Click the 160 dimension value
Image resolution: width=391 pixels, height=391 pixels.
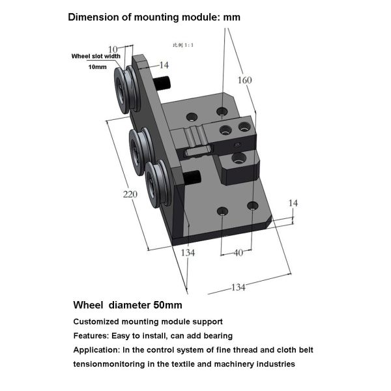click(245, 81)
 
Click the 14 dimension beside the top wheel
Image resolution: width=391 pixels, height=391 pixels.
click(163, 65)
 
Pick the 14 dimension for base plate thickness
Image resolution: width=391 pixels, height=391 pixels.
click(293, 203)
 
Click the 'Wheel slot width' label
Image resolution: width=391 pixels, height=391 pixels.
click(96, 57)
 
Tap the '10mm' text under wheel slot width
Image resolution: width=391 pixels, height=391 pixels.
click(97, 67)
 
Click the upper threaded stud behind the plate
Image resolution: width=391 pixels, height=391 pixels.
click(162, 83)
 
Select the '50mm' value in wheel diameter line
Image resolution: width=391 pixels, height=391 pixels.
click(167, 304)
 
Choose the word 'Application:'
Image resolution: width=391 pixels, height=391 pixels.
click(97, 350)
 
